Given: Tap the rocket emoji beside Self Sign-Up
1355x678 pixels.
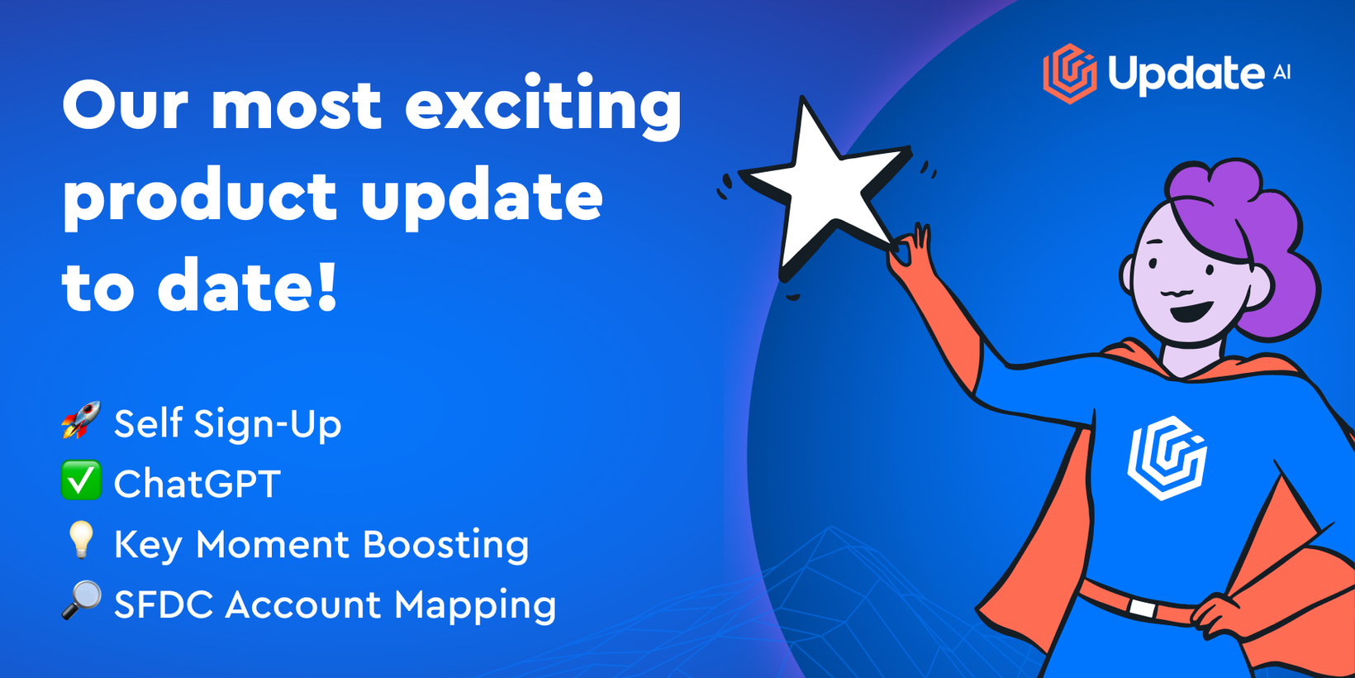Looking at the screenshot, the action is click(81, 419).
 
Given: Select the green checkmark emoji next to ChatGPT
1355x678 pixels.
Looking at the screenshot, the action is click(81, 480).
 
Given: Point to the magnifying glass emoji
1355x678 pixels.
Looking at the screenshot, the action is click(81, 600).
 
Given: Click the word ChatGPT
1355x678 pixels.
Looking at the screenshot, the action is click(197, 483).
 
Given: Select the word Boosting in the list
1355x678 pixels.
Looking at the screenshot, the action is click(445, 545).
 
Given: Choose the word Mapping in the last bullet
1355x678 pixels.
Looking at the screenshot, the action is click(475, 605).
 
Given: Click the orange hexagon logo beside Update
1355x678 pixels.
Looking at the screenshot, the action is click(1069, 74).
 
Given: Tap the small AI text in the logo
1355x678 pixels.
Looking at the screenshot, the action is click(1281, 73).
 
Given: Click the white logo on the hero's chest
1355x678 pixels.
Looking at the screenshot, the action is click(1167, 458).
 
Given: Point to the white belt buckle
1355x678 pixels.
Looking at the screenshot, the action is click(1142, 608).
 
